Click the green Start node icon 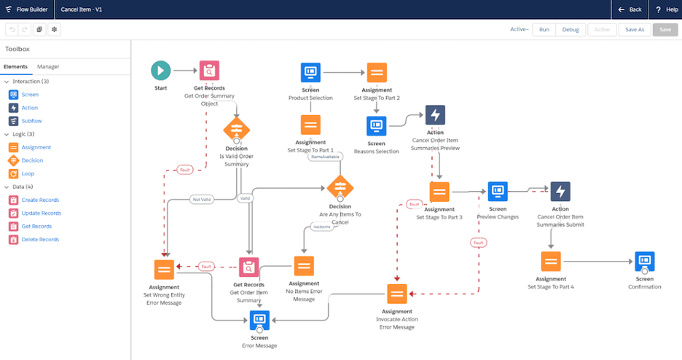point(161,71)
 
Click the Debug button point(571,29)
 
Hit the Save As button point(635,29)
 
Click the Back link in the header point(630,9)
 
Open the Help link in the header point(667,9)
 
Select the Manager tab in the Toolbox point(49,67)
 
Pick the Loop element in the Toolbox point(27,173)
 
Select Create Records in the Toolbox point(40,200)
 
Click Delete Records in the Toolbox point(40,239)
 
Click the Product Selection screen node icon point(310,72)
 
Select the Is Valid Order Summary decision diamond point(236,130)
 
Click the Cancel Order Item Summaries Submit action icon point(560,192)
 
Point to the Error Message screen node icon point(260,320)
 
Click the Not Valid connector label point(203,197)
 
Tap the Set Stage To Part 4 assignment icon point(551,262)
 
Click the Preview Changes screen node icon point(498,192)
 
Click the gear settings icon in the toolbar point(54,29)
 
